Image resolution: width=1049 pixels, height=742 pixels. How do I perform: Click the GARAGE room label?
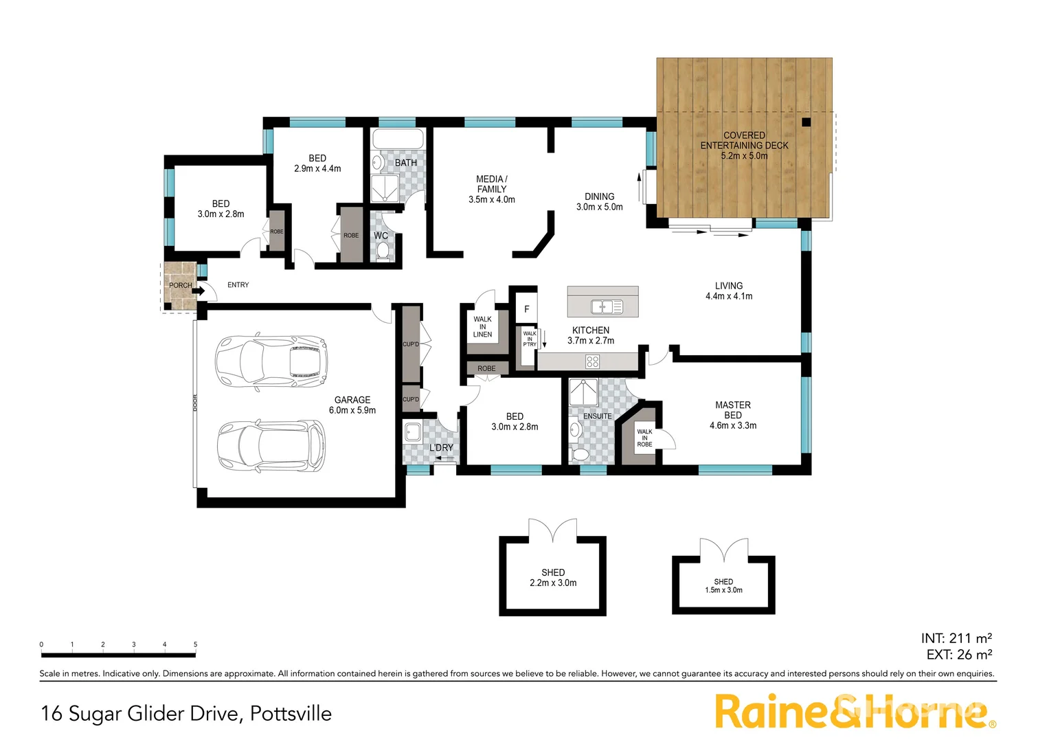coord(352,400)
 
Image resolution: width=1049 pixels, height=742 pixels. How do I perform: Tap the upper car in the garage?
coord(271,362)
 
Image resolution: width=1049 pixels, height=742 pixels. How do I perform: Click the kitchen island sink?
coord(607,306)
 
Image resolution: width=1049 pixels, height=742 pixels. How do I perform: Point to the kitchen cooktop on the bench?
coord(592,361)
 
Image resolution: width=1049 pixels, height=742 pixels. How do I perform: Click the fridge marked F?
coord(527,309)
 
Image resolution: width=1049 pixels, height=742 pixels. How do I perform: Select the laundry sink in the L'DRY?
coord(413,432)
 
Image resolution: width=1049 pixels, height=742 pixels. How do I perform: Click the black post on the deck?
coord(806,123)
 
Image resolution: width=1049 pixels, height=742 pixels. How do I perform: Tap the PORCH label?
coord(181,285)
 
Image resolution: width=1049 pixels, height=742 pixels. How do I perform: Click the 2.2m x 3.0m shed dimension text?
coord(553,583)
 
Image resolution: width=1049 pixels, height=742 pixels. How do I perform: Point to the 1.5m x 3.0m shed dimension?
coord(723,590)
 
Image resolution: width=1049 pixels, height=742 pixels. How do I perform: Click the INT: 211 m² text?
coord(956,638)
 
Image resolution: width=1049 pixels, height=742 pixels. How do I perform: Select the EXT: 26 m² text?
coord(959,655)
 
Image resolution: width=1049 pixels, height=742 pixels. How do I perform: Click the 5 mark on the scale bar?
coord(195,644)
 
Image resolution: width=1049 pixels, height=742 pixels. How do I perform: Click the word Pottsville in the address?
coord(291,714)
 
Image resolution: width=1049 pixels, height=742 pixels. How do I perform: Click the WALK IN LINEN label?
coord(482,327)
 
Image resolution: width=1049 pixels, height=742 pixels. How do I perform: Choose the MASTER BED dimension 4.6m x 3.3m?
coord(733,426)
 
